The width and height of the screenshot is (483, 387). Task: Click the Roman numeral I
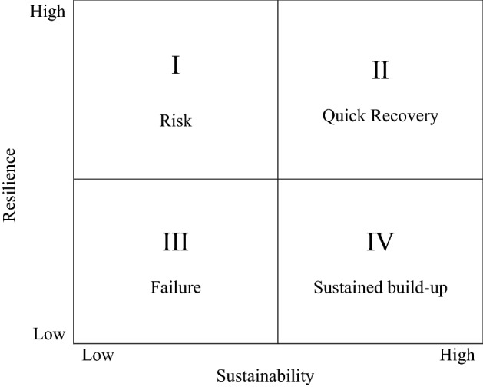[176, 65]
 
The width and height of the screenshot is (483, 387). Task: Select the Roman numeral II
[380, 71]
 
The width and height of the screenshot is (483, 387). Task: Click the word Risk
[175, 121]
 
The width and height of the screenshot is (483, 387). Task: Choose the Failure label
[175, 288]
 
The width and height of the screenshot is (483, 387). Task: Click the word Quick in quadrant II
[343, 117]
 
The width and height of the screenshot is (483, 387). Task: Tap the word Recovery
[402, 117]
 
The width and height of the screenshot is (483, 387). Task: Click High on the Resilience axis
[48, 13]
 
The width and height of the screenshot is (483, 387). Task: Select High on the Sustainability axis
[457, 356]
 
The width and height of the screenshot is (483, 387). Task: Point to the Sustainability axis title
[265, 376]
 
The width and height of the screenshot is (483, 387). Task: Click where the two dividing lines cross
[277, 179]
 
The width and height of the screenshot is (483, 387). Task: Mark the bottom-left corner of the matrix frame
[73, 343]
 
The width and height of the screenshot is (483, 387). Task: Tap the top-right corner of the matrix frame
[481, 2]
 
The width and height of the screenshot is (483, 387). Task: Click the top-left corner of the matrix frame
[73, 2]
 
